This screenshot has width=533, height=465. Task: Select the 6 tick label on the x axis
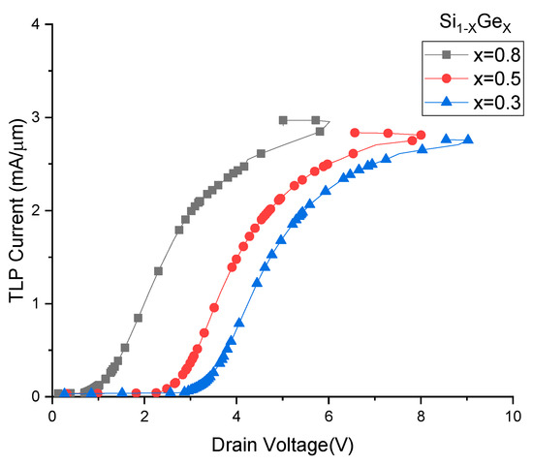[329, 414]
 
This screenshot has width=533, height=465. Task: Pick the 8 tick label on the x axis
[421, 414]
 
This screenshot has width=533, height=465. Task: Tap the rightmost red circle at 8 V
[421, 135]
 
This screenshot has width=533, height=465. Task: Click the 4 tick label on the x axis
[236, 414]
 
